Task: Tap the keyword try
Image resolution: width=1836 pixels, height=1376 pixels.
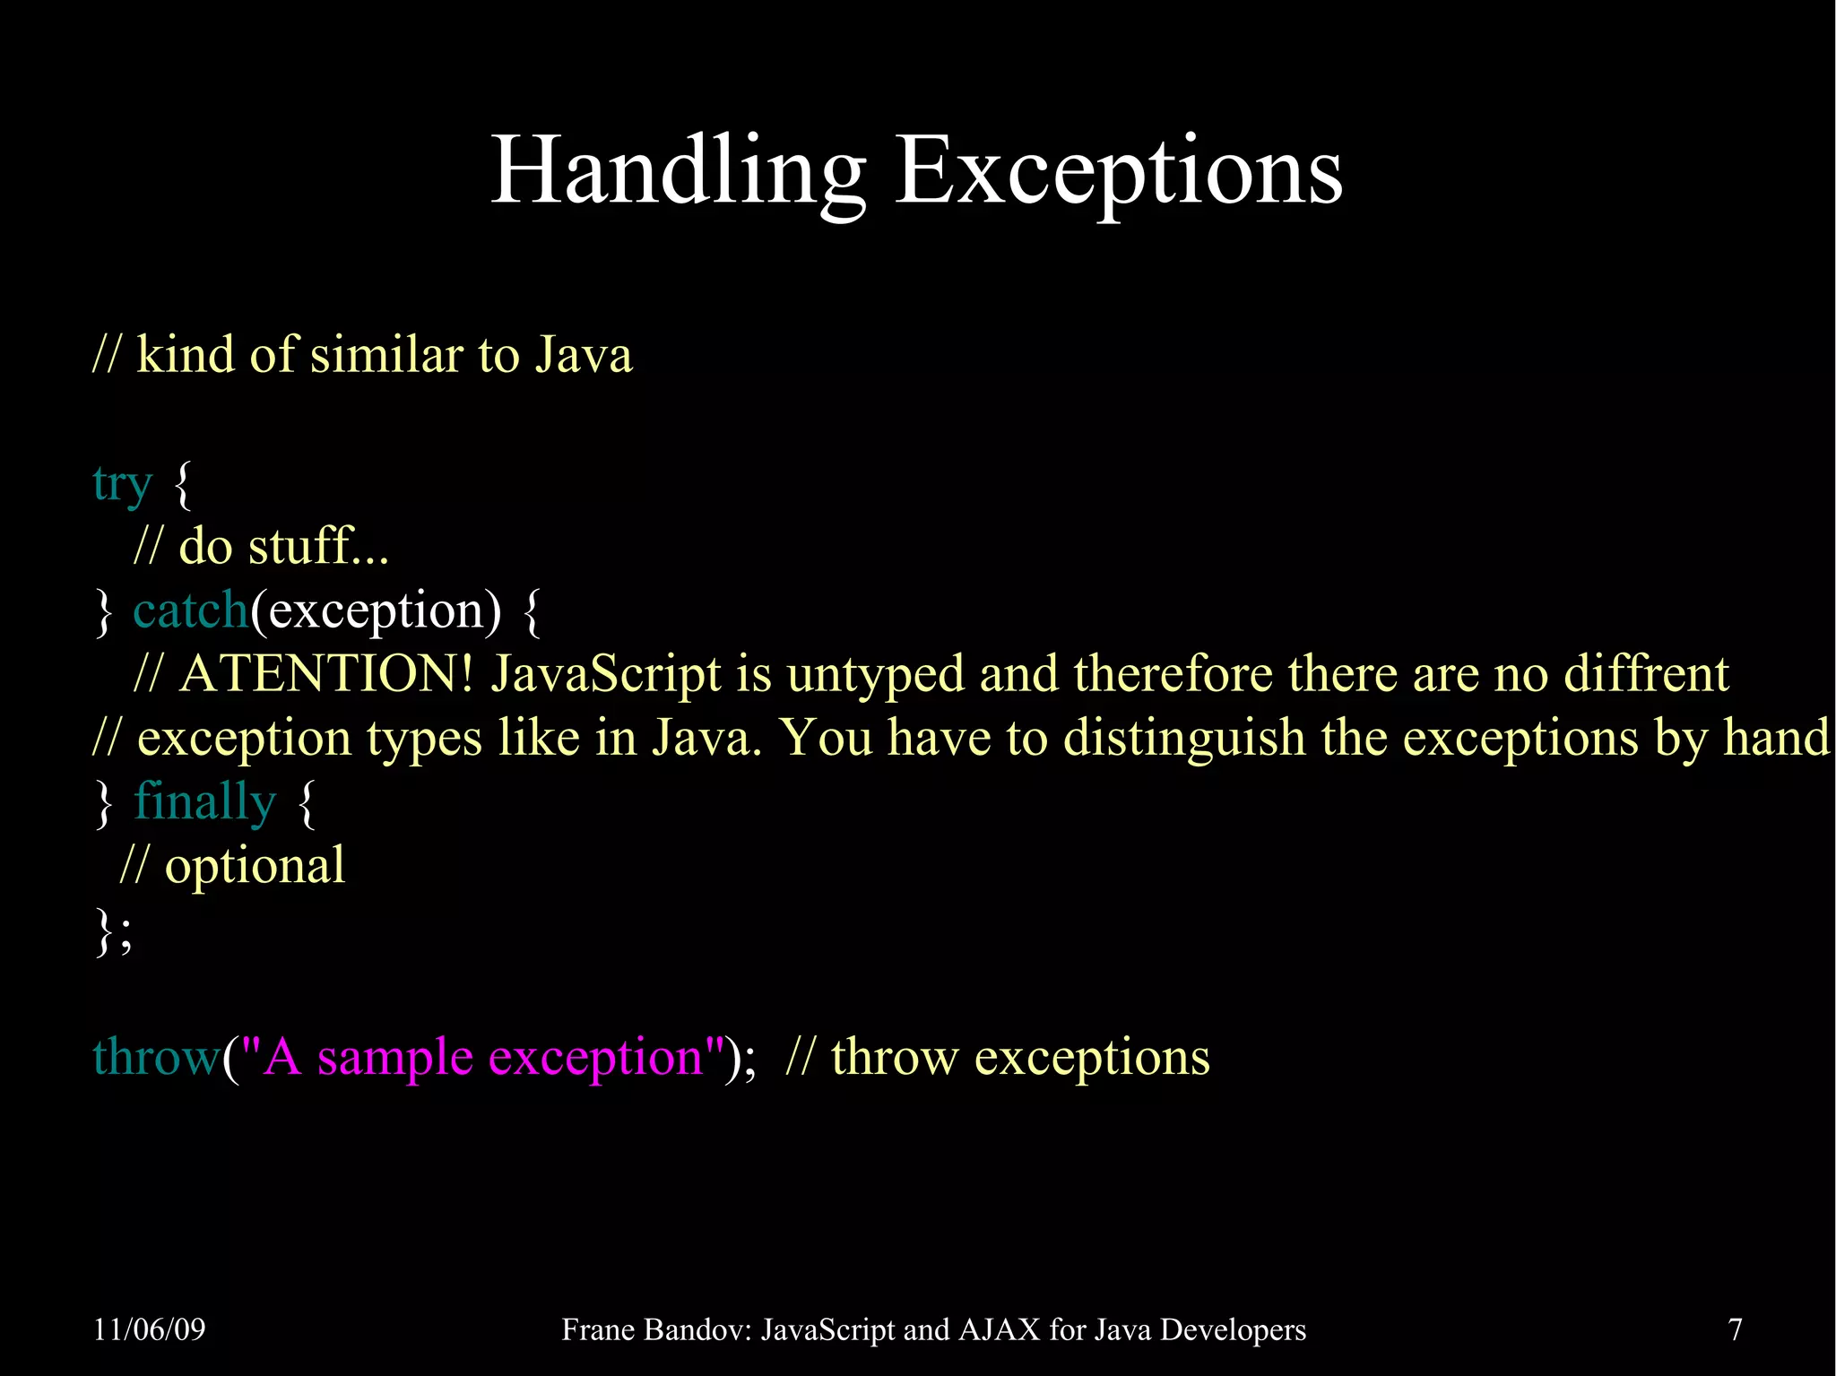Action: [x=122, y=484]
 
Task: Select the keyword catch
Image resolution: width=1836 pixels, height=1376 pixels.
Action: [x=190, y=610]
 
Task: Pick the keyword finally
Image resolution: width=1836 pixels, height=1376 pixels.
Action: [x=204, y=801]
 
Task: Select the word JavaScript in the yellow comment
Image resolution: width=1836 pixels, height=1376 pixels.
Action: [x=605, y=674]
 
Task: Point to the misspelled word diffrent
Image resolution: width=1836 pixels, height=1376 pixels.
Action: [x=1646, y=674]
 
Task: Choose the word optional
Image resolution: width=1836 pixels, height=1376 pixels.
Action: [x=255, y=866]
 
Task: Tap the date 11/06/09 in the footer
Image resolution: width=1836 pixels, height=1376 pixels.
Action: [x=150, y=1328]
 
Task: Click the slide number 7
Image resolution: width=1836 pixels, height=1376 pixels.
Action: [x=1736, y=1328]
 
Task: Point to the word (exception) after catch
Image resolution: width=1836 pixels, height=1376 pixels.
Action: [x=376, y=610]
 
